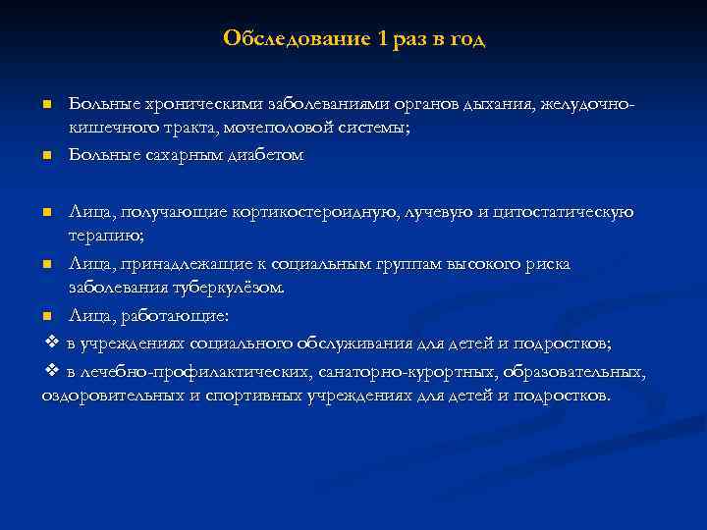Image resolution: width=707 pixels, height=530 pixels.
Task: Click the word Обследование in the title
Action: [x=296, y=39]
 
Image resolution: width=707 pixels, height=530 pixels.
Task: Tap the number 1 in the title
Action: [x=380, y=39]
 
